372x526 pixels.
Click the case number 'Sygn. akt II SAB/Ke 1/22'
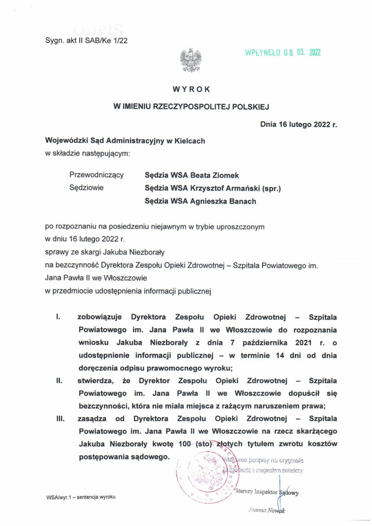(x=86, y=42)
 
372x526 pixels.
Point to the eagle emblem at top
(x=190, y=60)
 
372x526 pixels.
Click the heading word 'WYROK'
(x=192, y=89)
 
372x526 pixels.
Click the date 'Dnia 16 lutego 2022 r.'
(x=299, y=124)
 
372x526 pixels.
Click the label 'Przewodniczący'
(x=96, y=175)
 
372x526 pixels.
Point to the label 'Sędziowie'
(x=86, y=188)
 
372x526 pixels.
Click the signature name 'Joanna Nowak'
(x=266, y=510)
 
